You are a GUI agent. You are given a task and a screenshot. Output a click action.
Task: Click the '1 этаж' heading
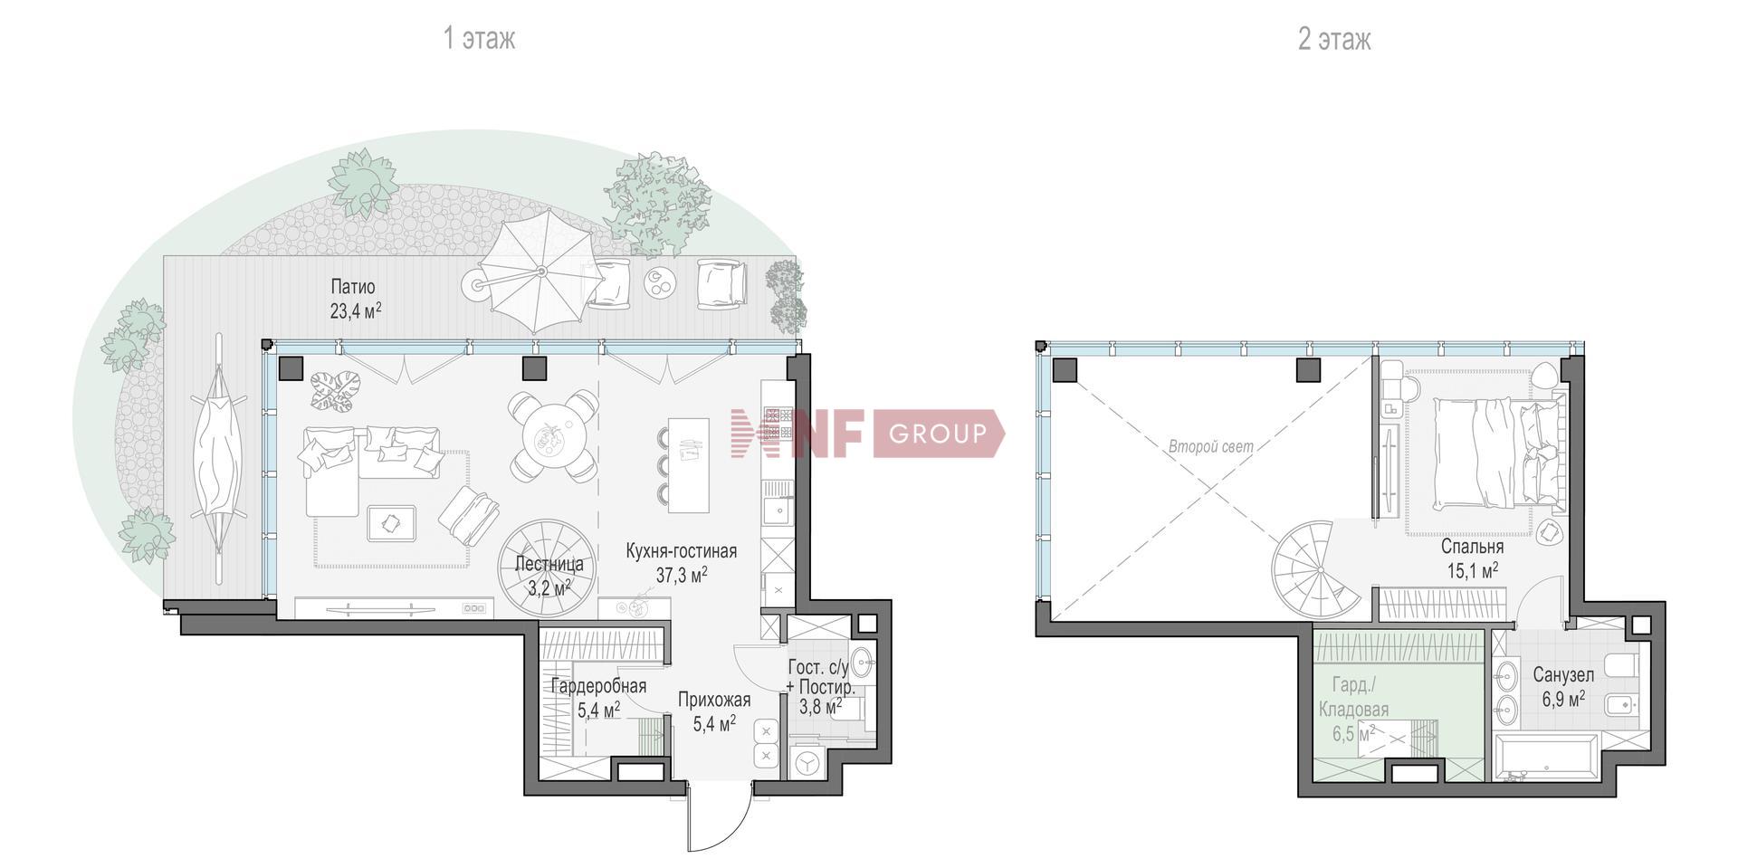coord(479,39)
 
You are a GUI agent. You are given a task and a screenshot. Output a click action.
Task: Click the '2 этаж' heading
coord(1334,39)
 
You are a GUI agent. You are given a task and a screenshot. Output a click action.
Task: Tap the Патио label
coord(353,287)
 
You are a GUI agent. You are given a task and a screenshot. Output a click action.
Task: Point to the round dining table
coord(552,436)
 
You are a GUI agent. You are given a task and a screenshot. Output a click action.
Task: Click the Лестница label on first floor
coord(549,564)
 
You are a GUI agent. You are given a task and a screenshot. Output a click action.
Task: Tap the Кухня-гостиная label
coord(682,550)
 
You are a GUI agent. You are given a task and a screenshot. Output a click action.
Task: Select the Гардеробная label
coord(598,686)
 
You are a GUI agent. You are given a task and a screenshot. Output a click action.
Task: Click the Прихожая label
coord(714,700)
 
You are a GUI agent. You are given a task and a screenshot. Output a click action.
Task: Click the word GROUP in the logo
coord(937,434)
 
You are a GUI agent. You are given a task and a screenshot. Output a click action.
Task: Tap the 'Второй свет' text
coord(1211,446)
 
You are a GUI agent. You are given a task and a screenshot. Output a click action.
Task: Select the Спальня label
coord(1473,547)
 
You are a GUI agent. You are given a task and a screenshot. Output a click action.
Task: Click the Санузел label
coord(1564,674)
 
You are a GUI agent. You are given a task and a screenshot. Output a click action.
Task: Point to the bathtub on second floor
coord(1547,759)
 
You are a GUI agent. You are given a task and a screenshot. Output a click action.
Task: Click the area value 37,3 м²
coord(682,574)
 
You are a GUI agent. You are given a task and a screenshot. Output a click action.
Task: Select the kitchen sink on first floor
coord(777,512)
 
